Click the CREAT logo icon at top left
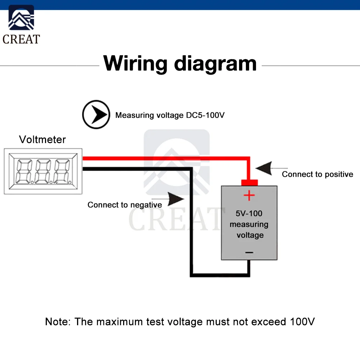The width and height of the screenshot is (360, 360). pyautogui.click(x=21, y=18)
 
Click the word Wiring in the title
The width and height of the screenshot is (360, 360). pyautogui.click(x=135, y=63)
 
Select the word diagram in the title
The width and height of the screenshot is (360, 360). pyautogui.click(x=215, y=64)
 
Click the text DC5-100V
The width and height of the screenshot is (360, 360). pyautogui.click(x=205, y=116)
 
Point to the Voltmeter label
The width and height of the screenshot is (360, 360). pyautogui.click(x=42, y=139)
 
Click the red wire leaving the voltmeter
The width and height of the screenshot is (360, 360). pyautogui.click(x=162, y=158)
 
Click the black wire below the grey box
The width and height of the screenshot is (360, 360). pyautogui.click(x=220, y=275)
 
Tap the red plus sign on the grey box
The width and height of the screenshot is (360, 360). pyautogui.click(x=249, y=196)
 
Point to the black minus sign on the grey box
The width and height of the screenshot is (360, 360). pyautogui.click(x=249, y=253)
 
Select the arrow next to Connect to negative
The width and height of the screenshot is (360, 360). pyautogui.click(x=176, y=199)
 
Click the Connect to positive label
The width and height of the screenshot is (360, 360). pyautogui.click(x=318, y=175)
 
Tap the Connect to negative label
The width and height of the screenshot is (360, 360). pyautogui.click(x=125, y=205)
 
